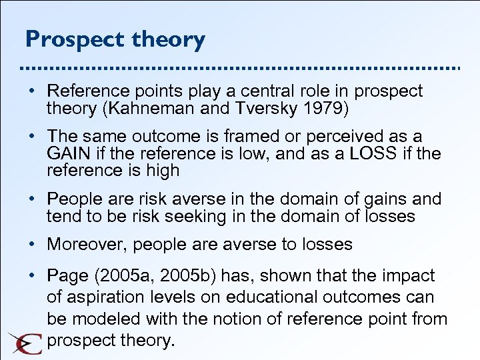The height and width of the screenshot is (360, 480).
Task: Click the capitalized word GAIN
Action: (x=69, y=153)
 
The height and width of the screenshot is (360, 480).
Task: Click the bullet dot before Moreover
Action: (x=31, y=245)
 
